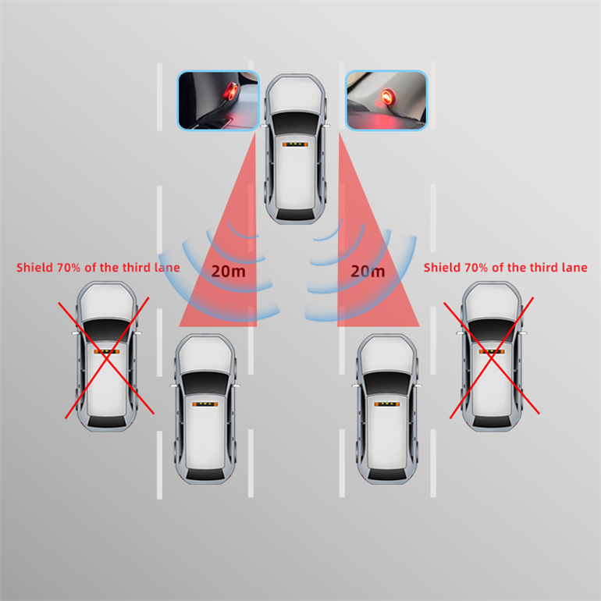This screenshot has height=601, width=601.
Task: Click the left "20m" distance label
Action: click(x=229, y=271)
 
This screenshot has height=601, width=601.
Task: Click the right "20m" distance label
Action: click(x=368, y=271)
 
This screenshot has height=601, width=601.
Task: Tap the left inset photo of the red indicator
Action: click(x=218, y=101)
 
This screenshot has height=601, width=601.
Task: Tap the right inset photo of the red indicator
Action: click(x=386, y=101)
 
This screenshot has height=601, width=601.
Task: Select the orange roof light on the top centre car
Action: click(x=295, y=144)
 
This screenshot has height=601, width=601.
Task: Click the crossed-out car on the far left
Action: click(x=107, y=357)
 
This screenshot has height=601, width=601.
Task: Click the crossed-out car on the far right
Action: click(x=492, y=357)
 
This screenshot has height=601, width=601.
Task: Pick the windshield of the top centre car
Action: click(x=295, y=123)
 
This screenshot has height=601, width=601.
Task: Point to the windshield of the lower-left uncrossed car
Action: click(x=205, y=383)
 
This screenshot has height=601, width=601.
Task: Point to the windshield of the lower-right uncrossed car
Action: click(x=386, y=383)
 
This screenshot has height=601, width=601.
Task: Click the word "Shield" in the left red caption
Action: click(x=34, y=267)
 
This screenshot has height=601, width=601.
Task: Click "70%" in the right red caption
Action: click(x=476, y=268)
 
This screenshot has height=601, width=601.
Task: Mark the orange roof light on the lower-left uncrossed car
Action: click(x=205, y=404)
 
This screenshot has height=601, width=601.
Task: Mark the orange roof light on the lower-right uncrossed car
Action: click(x=386, y=404)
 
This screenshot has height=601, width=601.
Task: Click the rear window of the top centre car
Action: click(x=295, y=215)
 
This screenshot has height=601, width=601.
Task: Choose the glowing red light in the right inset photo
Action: click(x=387, y=95)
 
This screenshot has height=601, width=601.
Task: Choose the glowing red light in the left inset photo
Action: click(x=231, y=91)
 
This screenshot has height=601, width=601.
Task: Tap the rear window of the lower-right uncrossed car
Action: click(x=386, y=474)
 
